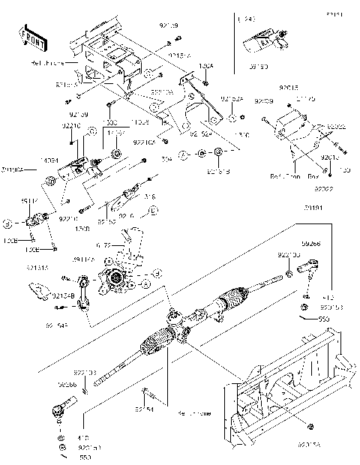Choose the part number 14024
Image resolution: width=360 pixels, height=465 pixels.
click(x=49, y=160)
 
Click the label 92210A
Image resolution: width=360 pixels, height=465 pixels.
click(x=144, y=141)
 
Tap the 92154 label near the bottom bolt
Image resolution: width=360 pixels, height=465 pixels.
click(x=145, y=409)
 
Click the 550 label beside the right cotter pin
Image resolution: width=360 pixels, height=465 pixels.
click(x=324, y=319)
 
